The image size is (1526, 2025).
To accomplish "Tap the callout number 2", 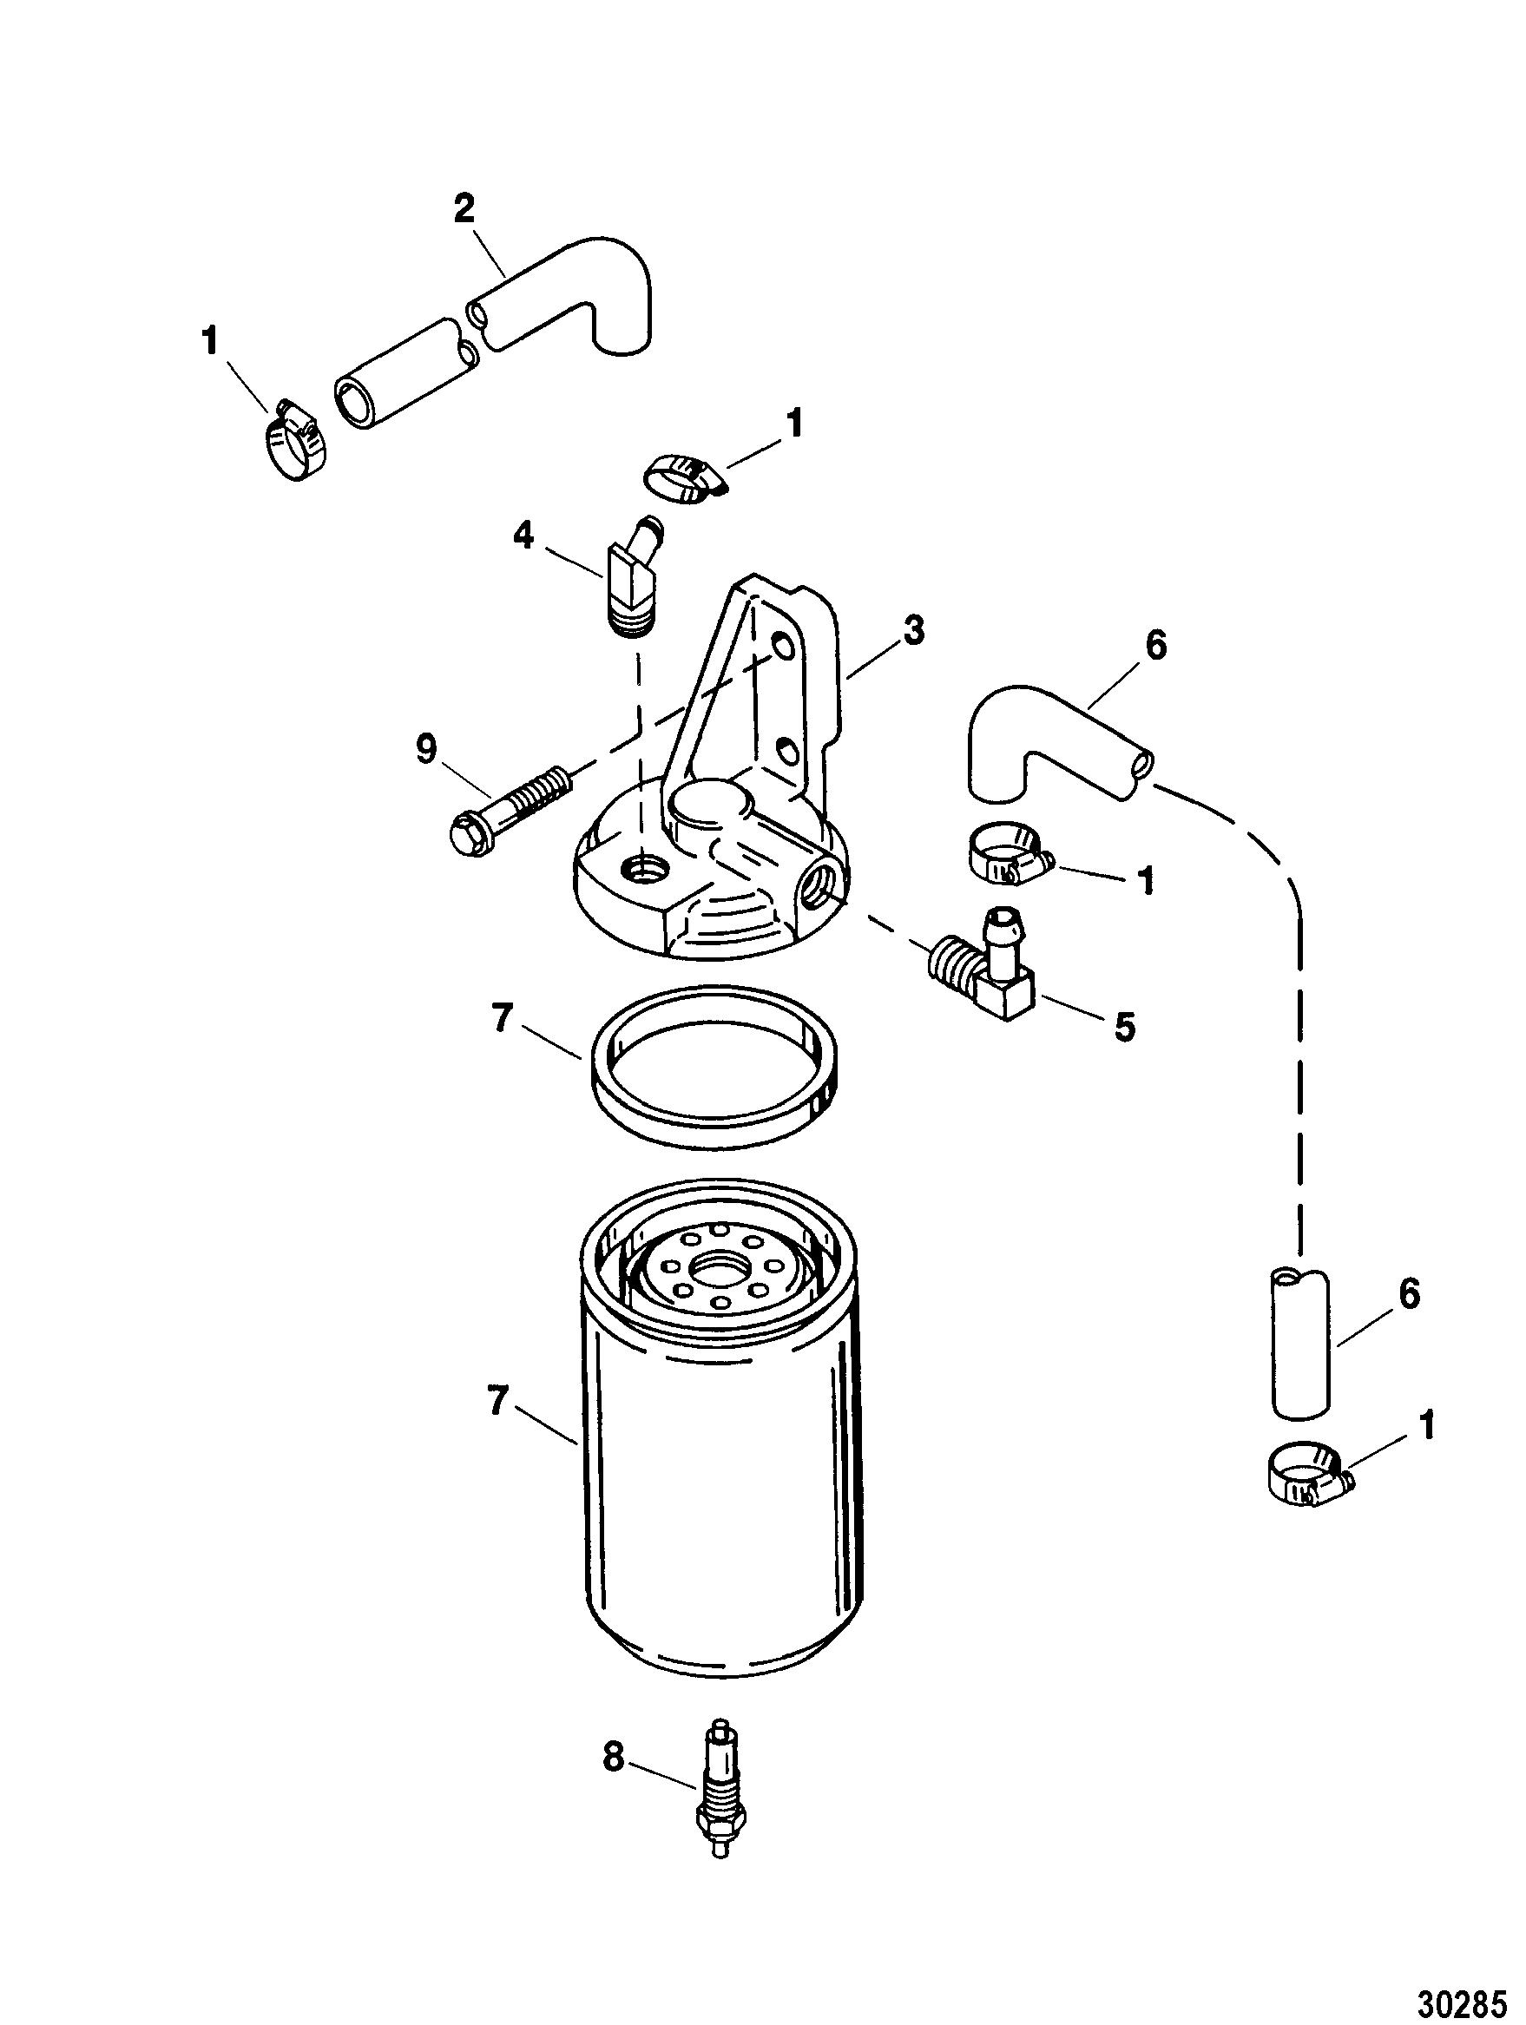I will click(x=464, y=211).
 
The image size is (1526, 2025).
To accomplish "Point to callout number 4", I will click(x=523, y=536).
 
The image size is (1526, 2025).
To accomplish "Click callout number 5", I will click(x=1124, y=1027).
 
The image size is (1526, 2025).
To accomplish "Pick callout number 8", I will click(x=614, y=1757).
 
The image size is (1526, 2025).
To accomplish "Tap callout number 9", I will click(x=426, y=751).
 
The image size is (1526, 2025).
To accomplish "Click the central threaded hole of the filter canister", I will click(x=720, y=1272).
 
